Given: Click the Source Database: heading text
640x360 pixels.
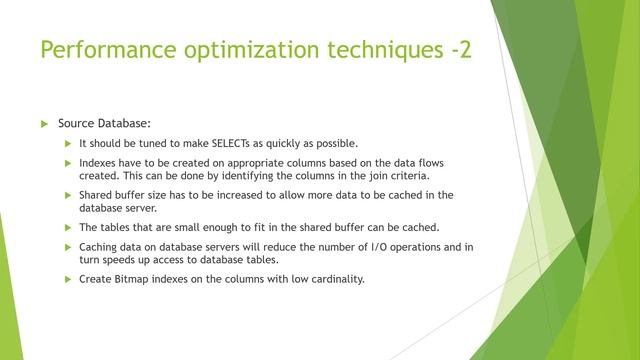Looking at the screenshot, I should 104,123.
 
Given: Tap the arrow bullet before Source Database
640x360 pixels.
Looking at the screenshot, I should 43,123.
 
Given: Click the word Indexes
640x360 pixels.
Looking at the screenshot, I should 98,162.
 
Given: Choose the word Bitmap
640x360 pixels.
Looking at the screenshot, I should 131,279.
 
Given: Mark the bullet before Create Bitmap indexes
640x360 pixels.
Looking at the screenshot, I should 68,279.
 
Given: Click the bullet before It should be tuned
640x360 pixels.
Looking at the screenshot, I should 68,143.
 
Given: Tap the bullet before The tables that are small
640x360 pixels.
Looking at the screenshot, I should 68,227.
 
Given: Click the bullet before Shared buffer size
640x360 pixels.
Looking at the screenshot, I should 68,194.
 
